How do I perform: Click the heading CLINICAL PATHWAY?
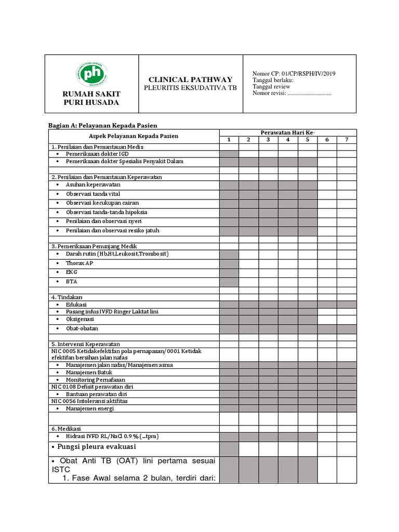[x=190, y=79]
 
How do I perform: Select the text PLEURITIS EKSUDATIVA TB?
[x=190, y=88]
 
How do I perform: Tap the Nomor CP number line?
[x=294, y=74]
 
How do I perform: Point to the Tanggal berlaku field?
[x=273, y=81]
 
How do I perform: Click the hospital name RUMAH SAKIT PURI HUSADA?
[x=91, y=98]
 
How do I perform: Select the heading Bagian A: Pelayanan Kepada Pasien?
[x=102, y=125]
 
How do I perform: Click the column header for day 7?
[x=346, y=140]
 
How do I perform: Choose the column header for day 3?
[x=268, y=140]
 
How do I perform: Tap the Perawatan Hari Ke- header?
[x=287, y=133]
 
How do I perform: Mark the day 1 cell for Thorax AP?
[x=229, y=264]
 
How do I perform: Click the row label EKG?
[x=71, y=272]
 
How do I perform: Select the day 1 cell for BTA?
[x=229, y=282]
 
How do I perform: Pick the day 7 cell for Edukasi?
[x=346, y=304]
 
